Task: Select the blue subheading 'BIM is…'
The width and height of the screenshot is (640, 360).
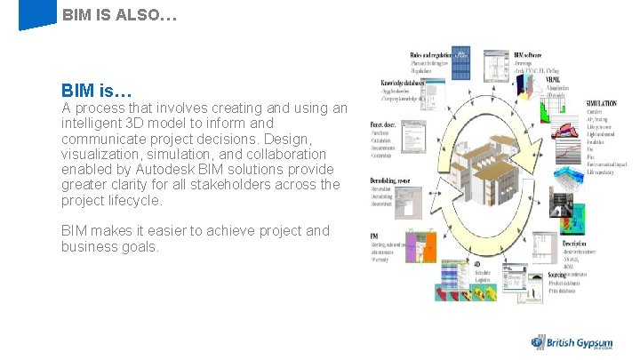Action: pos(97,91)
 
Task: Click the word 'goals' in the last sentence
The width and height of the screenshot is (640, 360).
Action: pos(135,246)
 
